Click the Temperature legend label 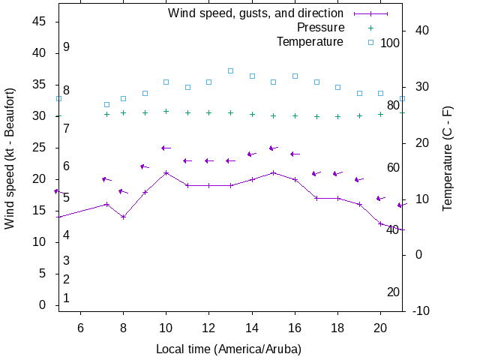(x=310, y=42)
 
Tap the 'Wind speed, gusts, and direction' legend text (x=256, y=13)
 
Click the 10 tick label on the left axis (x=40, y=242)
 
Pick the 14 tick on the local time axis (x=252, y=328)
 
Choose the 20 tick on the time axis (x=381, y=328)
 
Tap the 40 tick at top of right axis (x=421, y=31)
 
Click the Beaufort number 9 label (x=66, y=47)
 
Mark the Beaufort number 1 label (x=66, y=298)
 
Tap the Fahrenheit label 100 (x=390, y=43)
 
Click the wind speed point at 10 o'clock (x=166, y=172)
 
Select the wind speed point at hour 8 (x=123, y=217)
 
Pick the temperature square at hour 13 (x=230, y=70)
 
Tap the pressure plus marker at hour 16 (x=295, y=116)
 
